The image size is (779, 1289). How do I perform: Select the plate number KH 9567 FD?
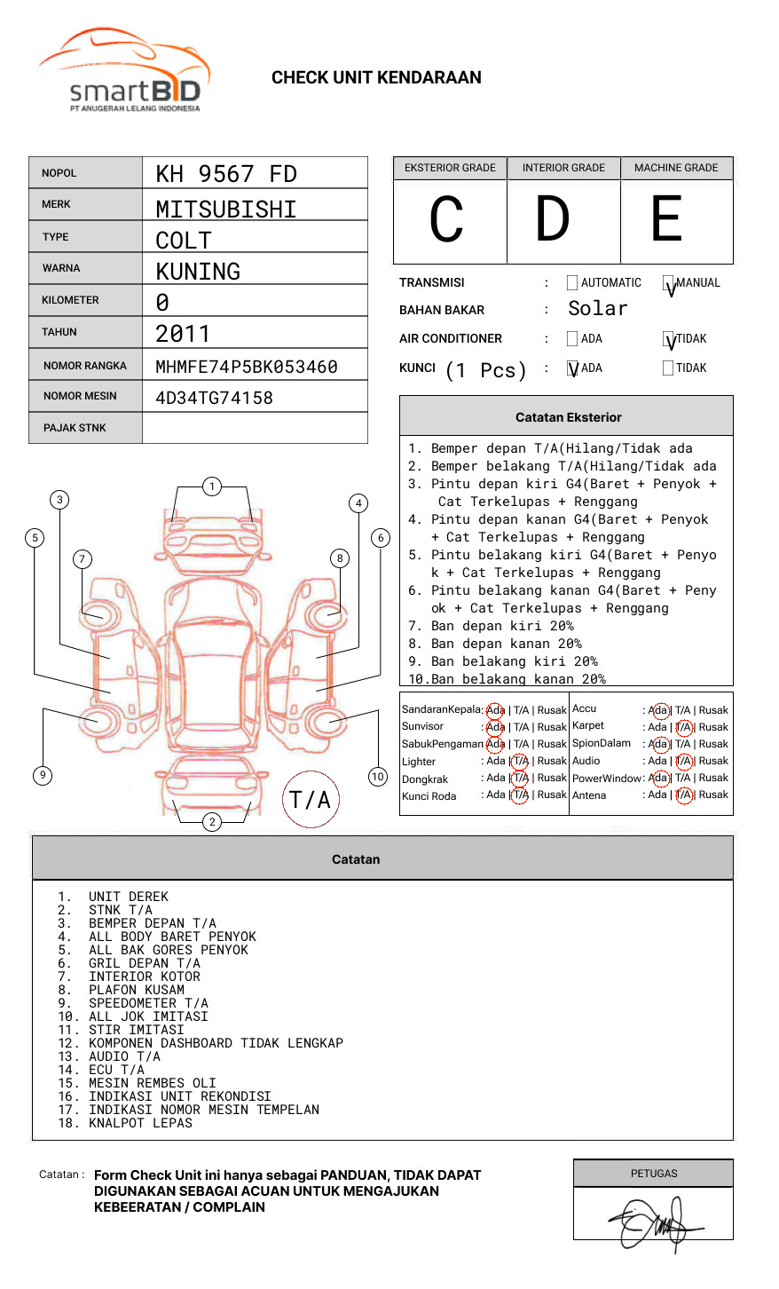click(226, 174)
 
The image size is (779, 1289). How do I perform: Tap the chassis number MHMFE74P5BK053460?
click(247, 367)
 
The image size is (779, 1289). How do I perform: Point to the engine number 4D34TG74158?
click(214, 398)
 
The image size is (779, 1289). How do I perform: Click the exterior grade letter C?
click(447, 220)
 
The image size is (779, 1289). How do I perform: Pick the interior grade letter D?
click(553, 220)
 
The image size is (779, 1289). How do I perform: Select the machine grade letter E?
click(667, 220)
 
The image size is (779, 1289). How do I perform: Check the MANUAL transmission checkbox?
click(668, 284)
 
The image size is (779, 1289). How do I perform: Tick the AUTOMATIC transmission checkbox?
click(572, 283)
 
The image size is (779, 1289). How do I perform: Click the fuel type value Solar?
click(597, 309)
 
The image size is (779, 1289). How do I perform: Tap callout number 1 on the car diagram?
click(211, 486)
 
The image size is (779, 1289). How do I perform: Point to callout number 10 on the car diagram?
click(378, 777)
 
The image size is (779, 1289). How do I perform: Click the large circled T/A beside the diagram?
click(311, 800)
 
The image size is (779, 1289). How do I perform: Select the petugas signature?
click(654, 1223)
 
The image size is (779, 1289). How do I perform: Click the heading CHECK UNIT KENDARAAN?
click(376, 78)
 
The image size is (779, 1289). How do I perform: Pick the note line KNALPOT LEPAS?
click(140, 1123)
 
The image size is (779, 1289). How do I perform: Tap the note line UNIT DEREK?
click(128, 897)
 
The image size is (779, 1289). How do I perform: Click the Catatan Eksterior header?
click(568, 417)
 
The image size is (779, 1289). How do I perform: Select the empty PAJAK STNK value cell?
click(255, 428)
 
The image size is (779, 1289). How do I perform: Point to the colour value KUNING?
click(198, 272)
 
